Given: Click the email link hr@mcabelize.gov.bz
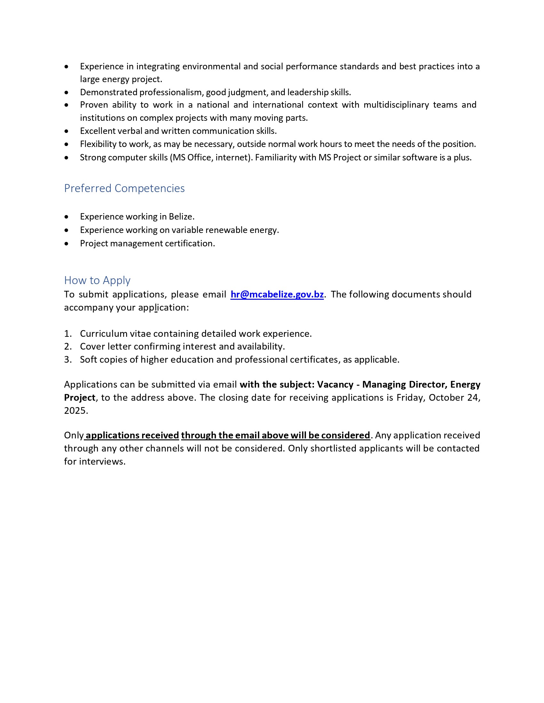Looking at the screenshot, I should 277,294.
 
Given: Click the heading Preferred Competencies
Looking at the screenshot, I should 124,188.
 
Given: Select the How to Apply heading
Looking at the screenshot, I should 97,280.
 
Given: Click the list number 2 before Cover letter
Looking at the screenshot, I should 67,347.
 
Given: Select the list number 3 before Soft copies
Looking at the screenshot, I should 67,359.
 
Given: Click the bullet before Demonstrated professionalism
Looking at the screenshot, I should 66,93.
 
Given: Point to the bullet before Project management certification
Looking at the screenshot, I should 66,244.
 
